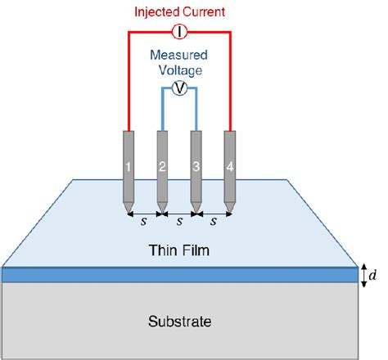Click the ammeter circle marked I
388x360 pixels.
click(x=178, y=32)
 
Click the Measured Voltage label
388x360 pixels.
click(x=178, y=65)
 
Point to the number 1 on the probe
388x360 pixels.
click(x=129, y=168)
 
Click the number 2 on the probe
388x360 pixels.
click(x=162, y=168)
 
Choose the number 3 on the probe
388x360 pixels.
click(x=196, y=168)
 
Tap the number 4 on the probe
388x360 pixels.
click(x=230, y=168)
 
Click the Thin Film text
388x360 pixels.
click(x=178, y=250)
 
